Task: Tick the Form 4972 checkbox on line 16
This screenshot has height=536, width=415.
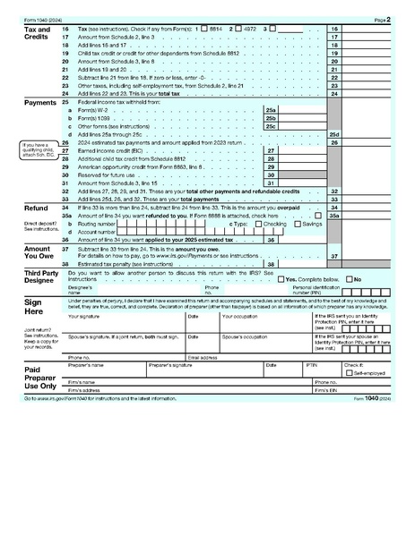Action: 240,30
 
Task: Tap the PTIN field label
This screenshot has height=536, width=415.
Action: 312,365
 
